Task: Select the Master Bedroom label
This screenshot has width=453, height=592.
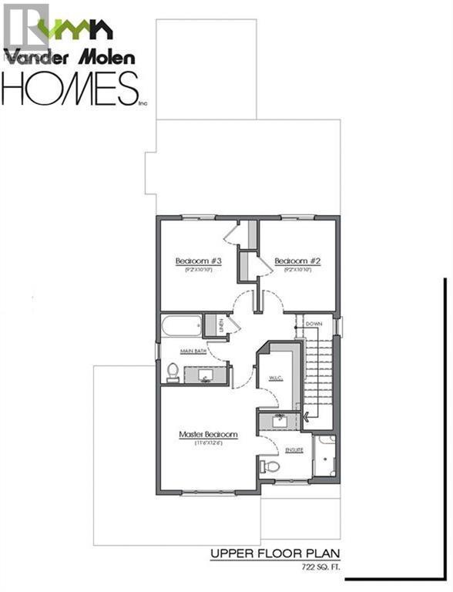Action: coord(208,435)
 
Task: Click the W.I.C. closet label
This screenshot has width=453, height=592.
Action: coord(276,378)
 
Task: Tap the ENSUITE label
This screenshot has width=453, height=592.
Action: coord(294,449)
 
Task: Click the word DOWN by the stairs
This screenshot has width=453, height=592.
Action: coord(314,325)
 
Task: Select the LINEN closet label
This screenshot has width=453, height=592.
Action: coord(221,325)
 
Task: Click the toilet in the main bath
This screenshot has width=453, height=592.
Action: coord(173,372)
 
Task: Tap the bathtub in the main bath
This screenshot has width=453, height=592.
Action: coord(180,325)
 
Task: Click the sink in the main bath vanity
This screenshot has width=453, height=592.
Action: coord(206,375)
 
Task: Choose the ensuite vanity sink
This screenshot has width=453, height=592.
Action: coord(278,420)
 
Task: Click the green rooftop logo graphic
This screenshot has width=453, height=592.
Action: coord(75,29)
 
